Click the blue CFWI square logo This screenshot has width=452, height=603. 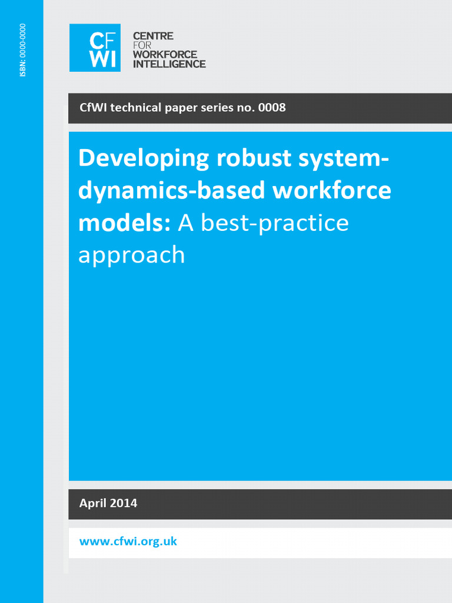point(95,48)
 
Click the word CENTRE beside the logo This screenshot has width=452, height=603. point(153,37)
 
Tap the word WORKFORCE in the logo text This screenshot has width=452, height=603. point(165,55)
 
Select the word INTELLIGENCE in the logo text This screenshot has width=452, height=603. point(169,64)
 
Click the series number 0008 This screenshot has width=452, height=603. point(272,108)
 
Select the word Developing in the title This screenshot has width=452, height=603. point(144,160)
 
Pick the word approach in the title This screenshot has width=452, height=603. point(131,256)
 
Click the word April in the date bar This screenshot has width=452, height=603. point(94,503)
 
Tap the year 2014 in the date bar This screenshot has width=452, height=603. point(124,503)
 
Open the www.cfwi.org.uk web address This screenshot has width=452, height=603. point(128,542)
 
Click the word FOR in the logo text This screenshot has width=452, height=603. point(142,45)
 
